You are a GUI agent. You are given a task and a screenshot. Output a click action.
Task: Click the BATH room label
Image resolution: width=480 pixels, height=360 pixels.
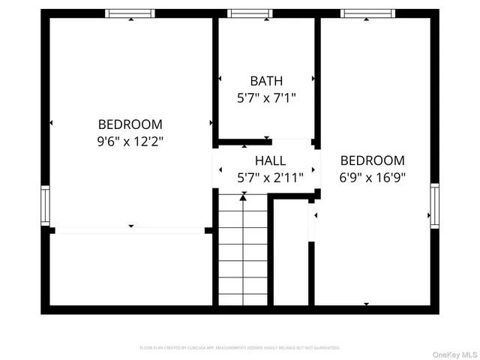[267, 80]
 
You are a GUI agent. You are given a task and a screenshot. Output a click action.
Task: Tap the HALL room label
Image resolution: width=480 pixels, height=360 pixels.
[270, 160]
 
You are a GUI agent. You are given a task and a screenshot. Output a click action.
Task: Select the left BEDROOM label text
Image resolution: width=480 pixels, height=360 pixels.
[130, 124]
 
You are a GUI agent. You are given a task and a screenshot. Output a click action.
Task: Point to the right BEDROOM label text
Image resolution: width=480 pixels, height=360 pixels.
[372, 160]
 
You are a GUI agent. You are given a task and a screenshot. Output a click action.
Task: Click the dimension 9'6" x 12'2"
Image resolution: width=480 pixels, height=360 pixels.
[130, 141]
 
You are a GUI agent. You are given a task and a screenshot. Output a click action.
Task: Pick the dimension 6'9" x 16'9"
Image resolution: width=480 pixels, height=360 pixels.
[372, 178]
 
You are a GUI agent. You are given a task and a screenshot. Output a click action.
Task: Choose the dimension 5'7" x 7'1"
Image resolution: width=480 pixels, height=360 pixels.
[267, 97]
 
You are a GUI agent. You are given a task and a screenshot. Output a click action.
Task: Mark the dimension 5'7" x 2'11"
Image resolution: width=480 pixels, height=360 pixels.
[270, 178]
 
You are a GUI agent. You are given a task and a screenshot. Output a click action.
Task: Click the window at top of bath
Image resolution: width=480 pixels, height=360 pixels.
[250, 13]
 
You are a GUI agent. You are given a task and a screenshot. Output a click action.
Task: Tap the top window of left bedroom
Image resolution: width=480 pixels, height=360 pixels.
[130, 13]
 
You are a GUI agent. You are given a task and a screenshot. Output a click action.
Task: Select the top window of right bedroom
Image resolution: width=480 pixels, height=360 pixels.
[367, 13]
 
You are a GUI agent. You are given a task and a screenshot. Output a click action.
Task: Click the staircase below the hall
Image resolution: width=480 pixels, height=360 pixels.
[243, 251]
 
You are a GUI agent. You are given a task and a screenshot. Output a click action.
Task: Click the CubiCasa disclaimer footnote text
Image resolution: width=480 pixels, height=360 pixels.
[240, 348]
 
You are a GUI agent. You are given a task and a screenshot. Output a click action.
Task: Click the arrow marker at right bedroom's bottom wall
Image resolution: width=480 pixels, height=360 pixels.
[367, 304]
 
